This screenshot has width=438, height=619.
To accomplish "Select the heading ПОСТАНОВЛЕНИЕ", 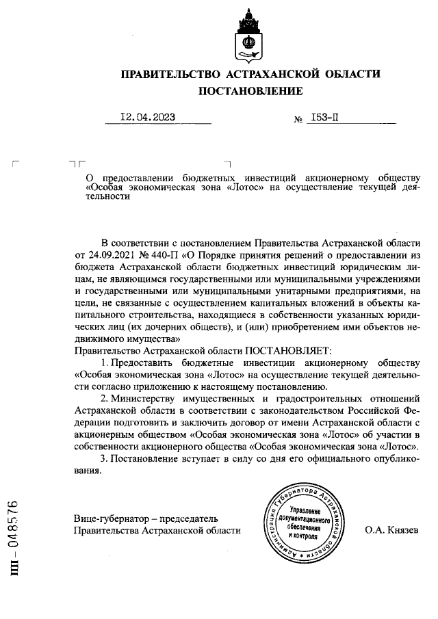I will point(250,91).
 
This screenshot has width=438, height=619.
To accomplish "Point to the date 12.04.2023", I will point(148,117).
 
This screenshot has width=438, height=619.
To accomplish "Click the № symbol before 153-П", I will point(298,119).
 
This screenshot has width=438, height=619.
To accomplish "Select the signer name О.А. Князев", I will point(391,530).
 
